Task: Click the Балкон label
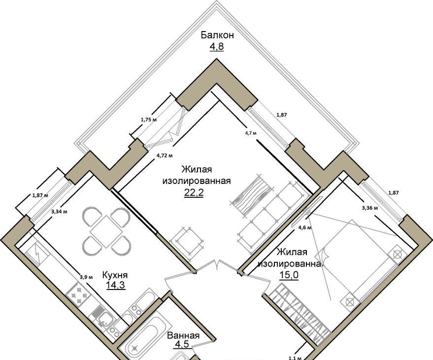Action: click(x=217, y=35)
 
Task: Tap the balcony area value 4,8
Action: click(x=217, y=46)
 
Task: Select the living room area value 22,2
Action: click(x=194, y=193)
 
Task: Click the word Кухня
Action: click(x=115, y=275)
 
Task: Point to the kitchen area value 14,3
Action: click(x=116, y=285)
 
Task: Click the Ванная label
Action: click(x=183, y=336)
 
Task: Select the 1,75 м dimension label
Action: click(x=149, y=120)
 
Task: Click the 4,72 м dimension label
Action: click(x=165, y=155)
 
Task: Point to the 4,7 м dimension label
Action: click(x=251, y=133)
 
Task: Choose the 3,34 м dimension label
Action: click(x=59, y=212)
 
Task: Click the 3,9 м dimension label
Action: click(x=86, y=277)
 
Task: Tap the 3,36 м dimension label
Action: click(x=370, y=208)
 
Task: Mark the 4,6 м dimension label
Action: click(x=305, y=228)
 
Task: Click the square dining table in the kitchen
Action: click(x=106, y=232)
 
